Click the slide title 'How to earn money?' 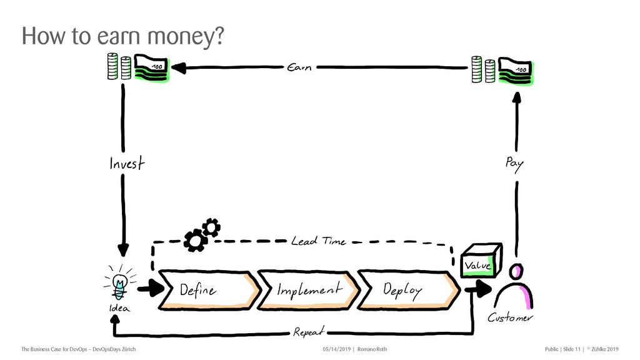122,37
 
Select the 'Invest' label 126,164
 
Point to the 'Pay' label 514,164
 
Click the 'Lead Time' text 318,241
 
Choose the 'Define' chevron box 206,290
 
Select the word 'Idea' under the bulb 120,309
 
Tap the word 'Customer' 511,319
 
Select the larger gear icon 196,239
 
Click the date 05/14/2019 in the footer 336,348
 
